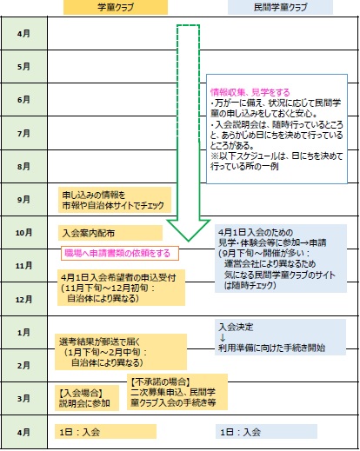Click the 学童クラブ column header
(116, 7)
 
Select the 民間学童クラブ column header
(280, 7)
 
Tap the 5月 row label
(23, 67)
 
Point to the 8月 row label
(23, 166)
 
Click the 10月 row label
(23, 232)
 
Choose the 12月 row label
(23, 299)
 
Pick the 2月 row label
(23, 365)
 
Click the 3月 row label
(23, 399)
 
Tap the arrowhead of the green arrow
(189, 230)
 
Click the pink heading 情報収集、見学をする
(250, 92)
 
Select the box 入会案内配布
(110, 233)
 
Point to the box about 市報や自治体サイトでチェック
(115, 200)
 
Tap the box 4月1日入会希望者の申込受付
(121, 288)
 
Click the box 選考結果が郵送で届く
(121, 352)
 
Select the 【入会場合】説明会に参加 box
(87, 398)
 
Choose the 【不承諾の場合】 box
(177, 392)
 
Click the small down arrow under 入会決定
(223, 338)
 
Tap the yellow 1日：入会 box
(105, 432)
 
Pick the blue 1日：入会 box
(266, 432)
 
